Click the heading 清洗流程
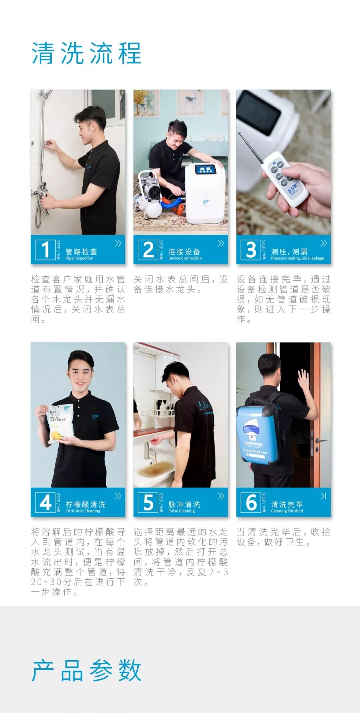pyautogui.click(x=86, y=53)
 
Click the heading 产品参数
pyautogui.click(x=86, y=670)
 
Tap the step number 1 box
pyautogui.click(x=45, y=249)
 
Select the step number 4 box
pyautogui.click(x=45, y=502)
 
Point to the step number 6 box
pyautogui.click(x=251, y=502)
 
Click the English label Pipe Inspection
pyautogui.click(x=79, y=258)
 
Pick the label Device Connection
pyautogui.click(x=185, y=258)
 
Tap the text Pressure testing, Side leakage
pyautogui.click(x=298, y=258)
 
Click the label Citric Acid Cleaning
pyautogui.click(x=83, y=511)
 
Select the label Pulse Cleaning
pyautogui.click(x=181, y=511)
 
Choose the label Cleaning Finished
pyautogui.click(x=287, y=511)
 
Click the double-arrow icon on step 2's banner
pyautogui.click(x=221, y=243)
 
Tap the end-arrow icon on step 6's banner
pyautogui.click(x=323, y=496)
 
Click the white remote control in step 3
pyautogui.click(x=285, y=178)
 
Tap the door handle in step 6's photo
pyautogui.click(x=321, y=441)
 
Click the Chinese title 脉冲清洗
pyautogui.click(x=184, y=504)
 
